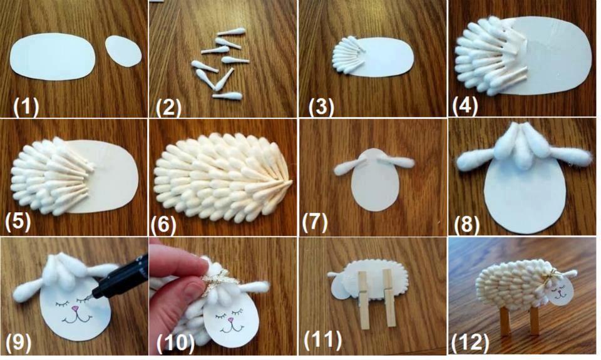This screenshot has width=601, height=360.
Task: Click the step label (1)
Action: (26, 106)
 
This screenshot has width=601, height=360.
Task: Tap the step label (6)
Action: (163, 224)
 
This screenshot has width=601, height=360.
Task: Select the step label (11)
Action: (323, 340)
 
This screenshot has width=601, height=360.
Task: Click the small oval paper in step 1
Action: (123, 51)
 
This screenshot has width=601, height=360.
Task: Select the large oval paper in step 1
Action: (53, 55)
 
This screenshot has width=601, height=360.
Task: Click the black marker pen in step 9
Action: (121, 277)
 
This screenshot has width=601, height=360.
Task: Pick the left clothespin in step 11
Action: (363, 299)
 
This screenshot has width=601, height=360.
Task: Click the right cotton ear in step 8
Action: (567, 157)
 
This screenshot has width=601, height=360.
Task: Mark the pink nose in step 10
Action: (231, 320)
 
